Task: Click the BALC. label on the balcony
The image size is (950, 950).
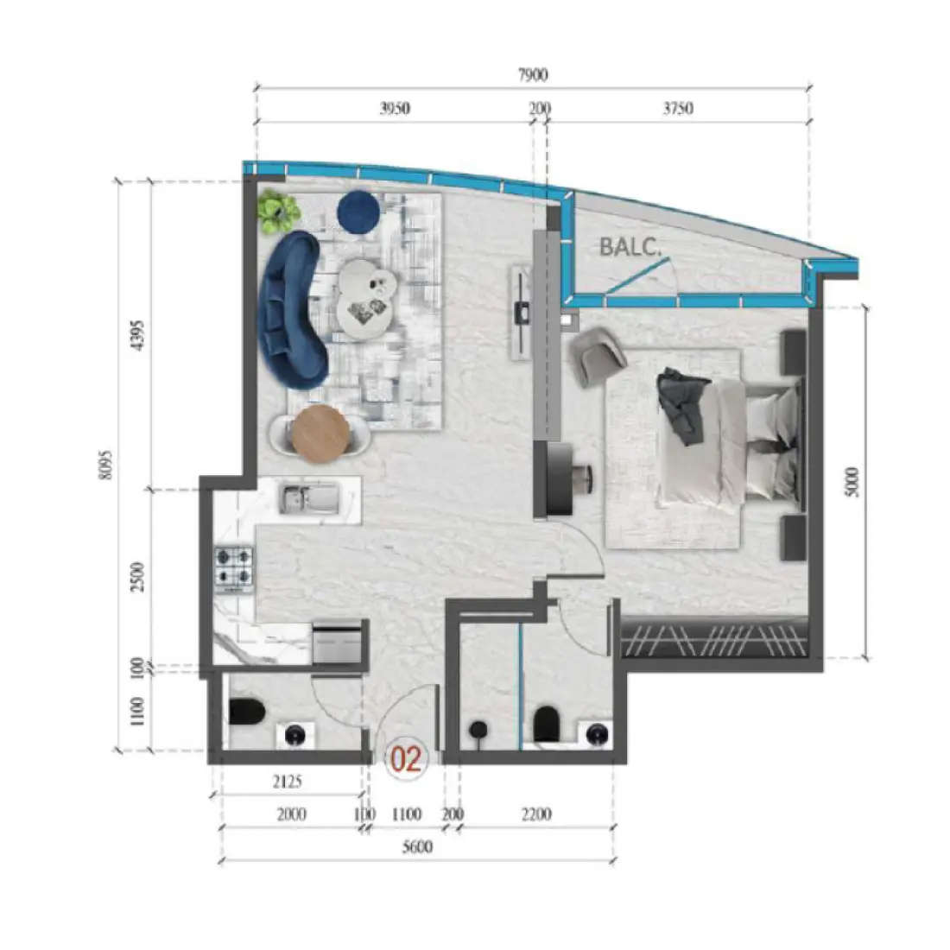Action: [630, 246]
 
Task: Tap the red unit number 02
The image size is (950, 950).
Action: [406, 759]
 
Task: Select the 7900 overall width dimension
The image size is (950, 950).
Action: [533, 75]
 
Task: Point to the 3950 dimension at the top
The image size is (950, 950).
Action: [395, 109]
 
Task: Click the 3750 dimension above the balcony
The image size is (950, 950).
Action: [678, 109]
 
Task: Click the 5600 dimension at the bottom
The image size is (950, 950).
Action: [417, 847]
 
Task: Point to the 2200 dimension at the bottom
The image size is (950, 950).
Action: [536, 814]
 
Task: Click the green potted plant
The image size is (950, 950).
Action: [277, 211]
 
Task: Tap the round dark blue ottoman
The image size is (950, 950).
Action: [358, 212]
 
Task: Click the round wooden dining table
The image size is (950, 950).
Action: [320, 431]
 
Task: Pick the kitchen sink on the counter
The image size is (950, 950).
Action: [307, 499]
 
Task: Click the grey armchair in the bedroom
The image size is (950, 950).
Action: [597, 354]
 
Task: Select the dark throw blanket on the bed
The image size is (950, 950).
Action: [682, 403]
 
